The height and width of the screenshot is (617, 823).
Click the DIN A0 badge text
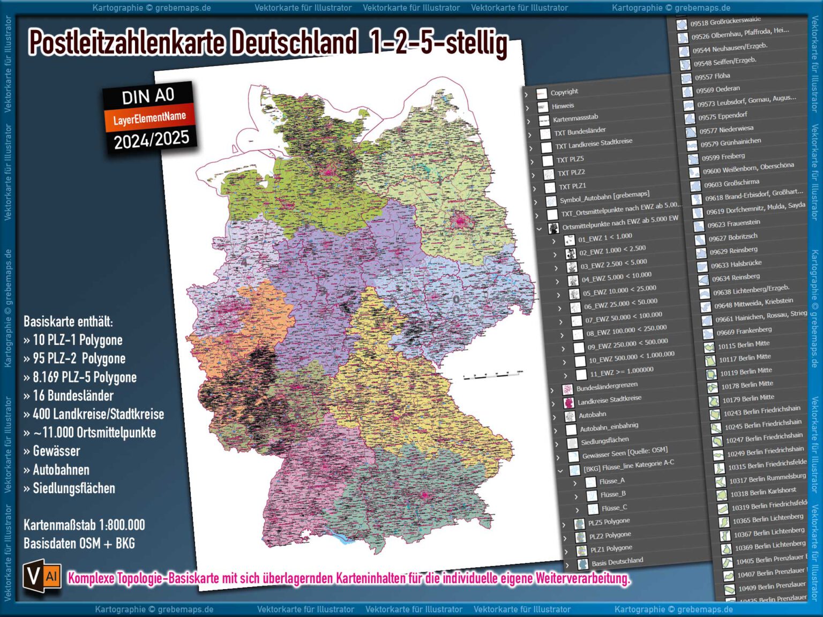(148, 96)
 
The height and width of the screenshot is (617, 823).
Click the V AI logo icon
(42, 576)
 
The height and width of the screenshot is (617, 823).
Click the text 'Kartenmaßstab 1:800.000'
(84, 525)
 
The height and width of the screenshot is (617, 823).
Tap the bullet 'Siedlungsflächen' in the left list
(74, 488)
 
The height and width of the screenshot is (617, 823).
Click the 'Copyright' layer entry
(564, 92)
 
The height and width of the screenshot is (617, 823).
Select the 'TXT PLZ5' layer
(570, 159)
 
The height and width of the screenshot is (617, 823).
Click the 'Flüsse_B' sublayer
(613, 494)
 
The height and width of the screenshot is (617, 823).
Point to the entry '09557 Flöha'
(713, 77)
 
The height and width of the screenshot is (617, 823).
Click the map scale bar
(493, 374)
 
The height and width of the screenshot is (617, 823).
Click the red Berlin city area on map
(460, 220)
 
